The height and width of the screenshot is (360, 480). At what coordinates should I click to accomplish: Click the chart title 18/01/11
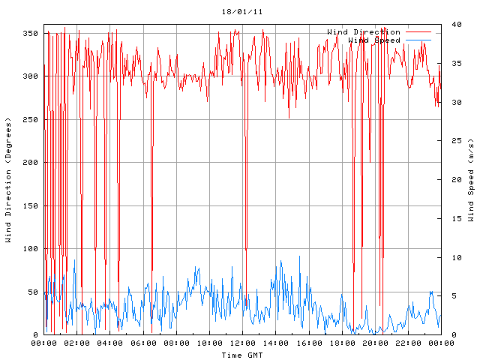point(242,12)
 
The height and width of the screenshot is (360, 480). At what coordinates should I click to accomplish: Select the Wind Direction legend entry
point(364,32)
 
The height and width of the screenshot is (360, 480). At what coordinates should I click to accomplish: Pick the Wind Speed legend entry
point(374,40)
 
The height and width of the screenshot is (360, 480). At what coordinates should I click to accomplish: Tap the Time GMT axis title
point(242,355)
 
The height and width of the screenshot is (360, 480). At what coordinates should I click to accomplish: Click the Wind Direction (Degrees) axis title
point(8,180)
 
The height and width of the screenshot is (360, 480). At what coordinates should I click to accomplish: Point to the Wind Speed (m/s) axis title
point(471,180)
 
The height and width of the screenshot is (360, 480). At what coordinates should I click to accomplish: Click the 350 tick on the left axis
point(30,34)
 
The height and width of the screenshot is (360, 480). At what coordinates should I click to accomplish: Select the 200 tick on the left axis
point(30,163)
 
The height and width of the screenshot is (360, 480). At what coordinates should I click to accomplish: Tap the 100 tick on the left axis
point(30,249)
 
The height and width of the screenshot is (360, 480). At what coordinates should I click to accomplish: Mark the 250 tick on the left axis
point(30,120)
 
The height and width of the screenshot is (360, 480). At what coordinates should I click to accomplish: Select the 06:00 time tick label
point(143,343)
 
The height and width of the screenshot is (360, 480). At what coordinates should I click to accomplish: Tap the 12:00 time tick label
point(242,343)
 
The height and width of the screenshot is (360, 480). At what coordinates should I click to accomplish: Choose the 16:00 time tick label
point(308,343)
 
